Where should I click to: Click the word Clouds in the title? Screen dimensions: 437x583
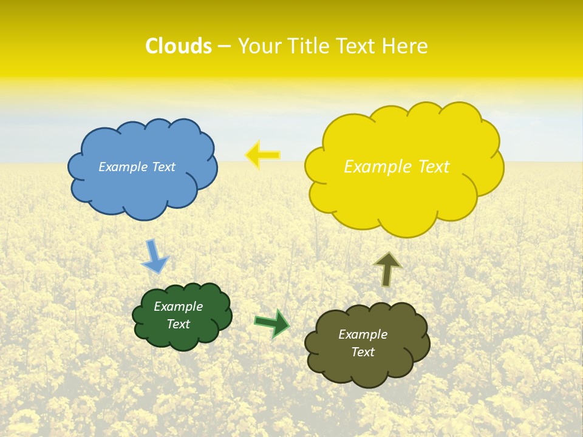coord(179,46)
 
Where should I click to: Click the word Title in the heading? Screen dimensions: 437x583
coord(307,46)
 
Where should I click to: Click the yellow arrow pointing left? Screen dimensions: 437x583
coord(263,155)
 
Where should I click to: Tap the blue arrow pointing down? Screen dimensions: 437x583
coord(154,257)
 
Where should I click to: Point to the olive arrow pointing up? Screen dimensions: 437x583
coord(387,269)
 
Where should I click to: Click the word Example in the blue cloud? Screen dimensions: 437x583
coord(123,167)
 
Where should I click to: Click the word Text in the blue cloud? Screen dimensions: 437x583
coord(163,167)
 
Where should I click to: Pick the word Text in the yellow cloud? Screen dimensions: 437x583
coord(434,167)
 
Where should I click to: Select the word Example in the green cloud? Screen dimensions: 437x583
coord(178,307)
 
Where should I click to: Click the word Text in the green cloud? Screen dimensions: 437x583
coord(178,324)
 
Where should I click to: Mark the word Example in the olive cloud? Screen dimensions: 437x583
coord(363,334)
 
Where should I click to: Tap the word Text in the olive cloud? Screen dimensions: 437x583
coord(363,352)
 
